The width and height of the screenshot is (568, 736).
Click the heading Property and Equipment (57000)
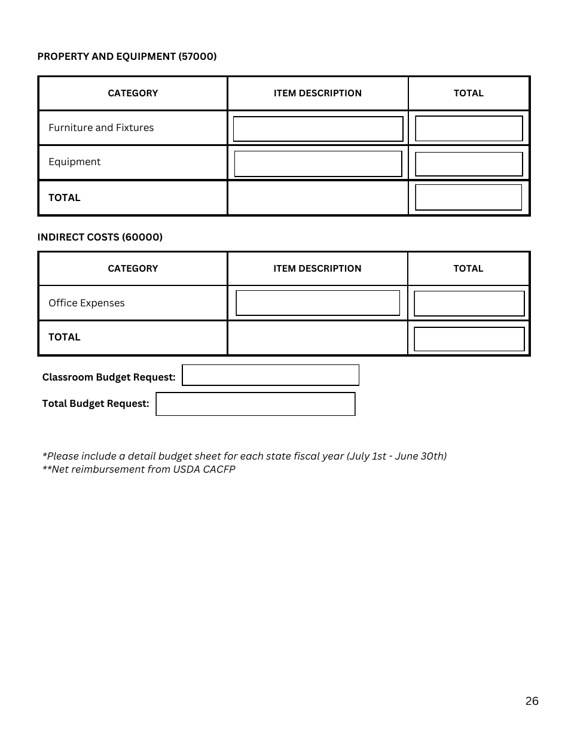click(127, 56)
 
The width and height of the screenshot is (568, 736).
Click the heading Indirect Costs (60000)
click(100, 237)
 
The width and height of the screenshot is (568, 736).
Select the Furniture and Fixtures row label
click(101, 127)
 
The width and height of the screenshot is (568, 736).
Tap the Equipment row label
click(75, 162)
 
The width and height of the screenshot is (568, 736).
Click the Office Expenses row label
click(87, 303)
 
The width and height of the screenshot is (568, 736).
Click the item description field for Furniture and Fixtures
click(318, 129)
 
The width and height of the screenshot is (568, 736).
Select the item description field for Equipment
click(318, 163)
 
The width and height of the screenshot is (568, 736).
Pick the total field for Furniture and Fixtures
click(469, 129)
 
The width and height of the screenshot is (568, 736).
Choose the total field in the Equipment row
click(469, 164)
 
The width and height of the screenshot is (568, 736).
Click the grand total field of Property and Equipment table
click(469, 197)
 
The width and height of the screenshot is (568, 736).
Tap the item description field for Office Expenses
click(317, 303)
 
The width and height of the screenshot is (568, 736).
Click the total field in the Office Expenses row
click(469, 303)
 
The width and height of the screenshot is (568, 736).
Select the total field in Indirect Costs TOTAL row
click(469, 339)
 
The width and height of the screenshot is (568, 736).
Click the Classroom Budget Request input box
click(270, 375)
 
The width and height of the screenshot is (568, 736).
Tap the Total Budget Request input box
click(255, 404)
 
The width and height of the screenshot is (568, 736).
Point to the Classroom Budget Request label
click(109, 377)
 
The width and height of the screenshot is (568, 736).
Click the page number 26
click(532, 701)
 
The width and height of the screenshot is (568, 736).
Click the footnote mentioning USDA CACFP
click(139, 469)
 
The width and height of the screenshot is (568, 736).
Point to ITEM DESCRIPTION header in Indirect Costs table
click(317, 269)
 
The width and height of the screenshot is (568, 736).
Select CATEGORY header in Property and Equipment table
click(133, 93)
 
